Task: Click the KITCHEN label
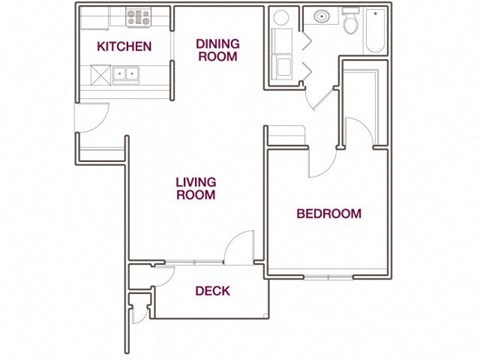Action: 124,47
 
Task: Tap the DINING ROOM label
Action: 216,50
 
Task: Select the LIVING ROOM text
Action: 196,189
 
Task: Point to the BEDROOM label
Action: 329,213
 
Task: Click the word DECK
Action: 211,292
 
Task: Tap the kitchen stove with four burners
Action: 138,17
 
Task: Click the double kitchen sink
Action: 125,73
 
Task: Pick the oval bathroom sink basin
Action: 322,16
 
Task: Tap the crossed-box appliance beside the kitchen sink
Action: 101,73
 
